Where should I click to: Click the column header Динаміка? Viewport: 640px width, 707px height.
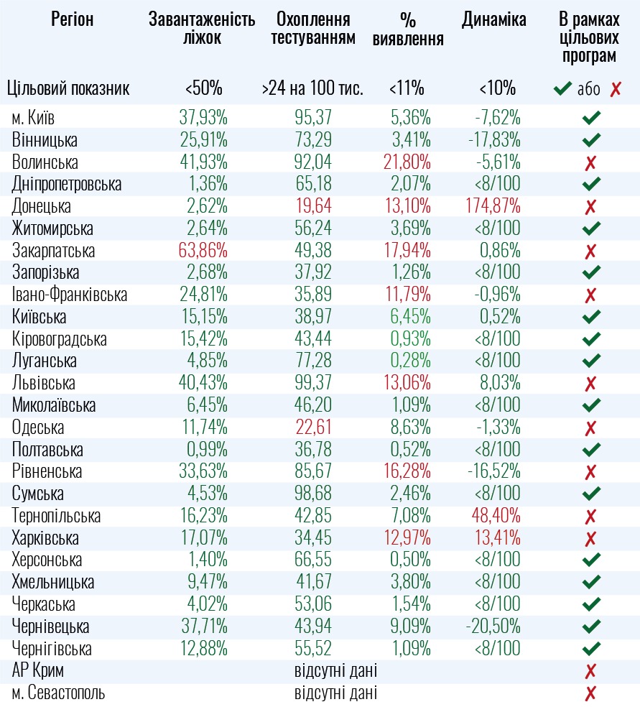[x=494, y=19]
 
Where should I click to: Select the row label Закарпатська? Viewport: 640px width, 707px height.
[x=53, y=251]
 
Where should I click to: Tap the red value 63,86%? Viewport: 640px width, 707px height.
[x=203, y=251]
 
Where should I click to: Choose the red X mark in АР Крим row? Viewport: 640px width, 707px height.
[x=591, y=672]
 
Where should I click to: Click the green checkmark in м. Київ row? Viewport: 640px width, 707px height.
[x=591, y=118]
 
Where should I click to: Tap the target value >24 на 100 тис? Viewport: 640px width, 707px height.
[x=313, y=89]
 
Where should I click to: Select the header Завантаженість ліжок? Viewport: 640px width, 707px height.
[x=202, y=29]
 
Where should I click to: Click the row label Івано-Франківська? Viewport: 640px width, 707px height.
[x=69, y=295]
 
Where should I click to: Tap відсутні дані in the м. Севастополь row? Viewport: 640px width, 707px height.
[x=335, y=694]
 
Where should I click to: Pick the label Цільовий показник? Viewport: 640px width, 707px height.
[x=68, y=89]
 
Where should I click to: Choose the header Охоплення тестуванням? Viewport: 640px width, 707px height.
[x=313, y=29]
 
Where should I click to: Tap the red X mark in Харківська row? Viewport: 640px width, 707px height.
[x=591, y=539]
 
